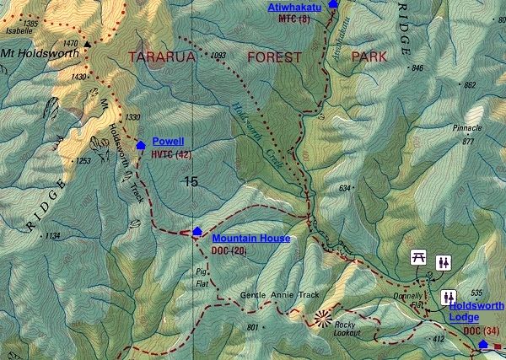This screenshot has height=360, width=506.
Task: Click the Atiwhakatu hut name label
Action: tap(294, 7)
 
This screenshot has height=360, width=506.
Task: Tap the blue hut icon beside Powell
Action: tap(140, 145)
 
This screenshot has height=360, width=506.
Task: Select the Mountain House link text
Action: tap(250, 239)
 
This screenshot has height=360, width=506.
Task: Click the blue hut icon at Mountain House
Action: tap(197, 231)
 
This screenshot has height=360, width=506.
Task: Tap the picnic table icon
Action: tap(417, 258)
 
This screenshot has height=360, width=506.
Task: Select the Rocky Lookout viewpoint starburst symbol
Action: tap(322, 317)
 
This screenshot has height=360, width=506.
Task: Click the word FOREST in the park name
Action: tap(274, 58)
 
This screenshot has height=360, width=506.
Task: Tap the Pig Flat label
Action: tap(200, 278)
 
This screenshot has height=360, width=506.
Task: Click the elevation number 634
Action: tap(345, 187)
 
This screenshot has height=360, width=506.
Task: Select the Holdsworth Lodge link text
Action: tap(476, 311)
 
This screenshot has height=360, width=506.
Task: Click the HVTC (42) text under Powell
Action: tap(171, 155)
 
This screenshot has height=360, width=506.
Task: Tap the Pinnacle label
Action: tap(468, 128)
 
